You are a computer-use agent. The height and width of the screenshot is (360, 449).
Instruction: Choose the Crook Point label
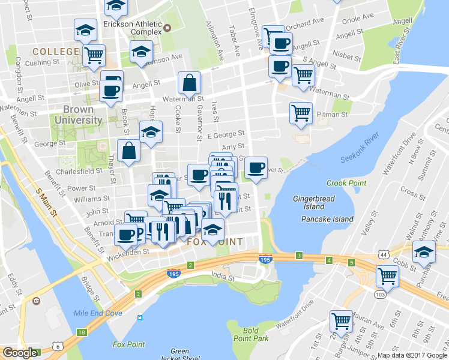[x=342, y=182]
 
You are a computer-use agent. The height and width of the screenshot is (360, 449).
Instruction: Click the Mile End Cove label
[x=98, y=313]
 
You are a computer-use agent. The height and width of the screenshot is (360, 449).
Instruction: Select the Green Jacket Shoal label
[x=179, y=355]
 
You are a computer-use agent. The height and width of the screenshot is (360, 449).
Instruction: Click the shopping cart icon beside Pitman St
[x=301, y=112]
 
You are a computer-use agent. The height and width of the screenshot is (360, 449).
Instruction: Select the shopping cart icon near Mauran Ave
[x=342, y=321]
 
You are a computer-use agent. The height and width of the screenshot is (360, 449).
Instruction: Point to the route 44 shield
[x=382, y=255]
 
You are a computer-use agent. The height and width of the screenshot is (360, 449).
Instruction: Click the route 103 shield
[x=379, y=295]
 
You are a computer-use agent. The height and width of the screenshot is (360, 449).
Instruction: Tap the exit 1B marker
[x=82, y=332]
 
